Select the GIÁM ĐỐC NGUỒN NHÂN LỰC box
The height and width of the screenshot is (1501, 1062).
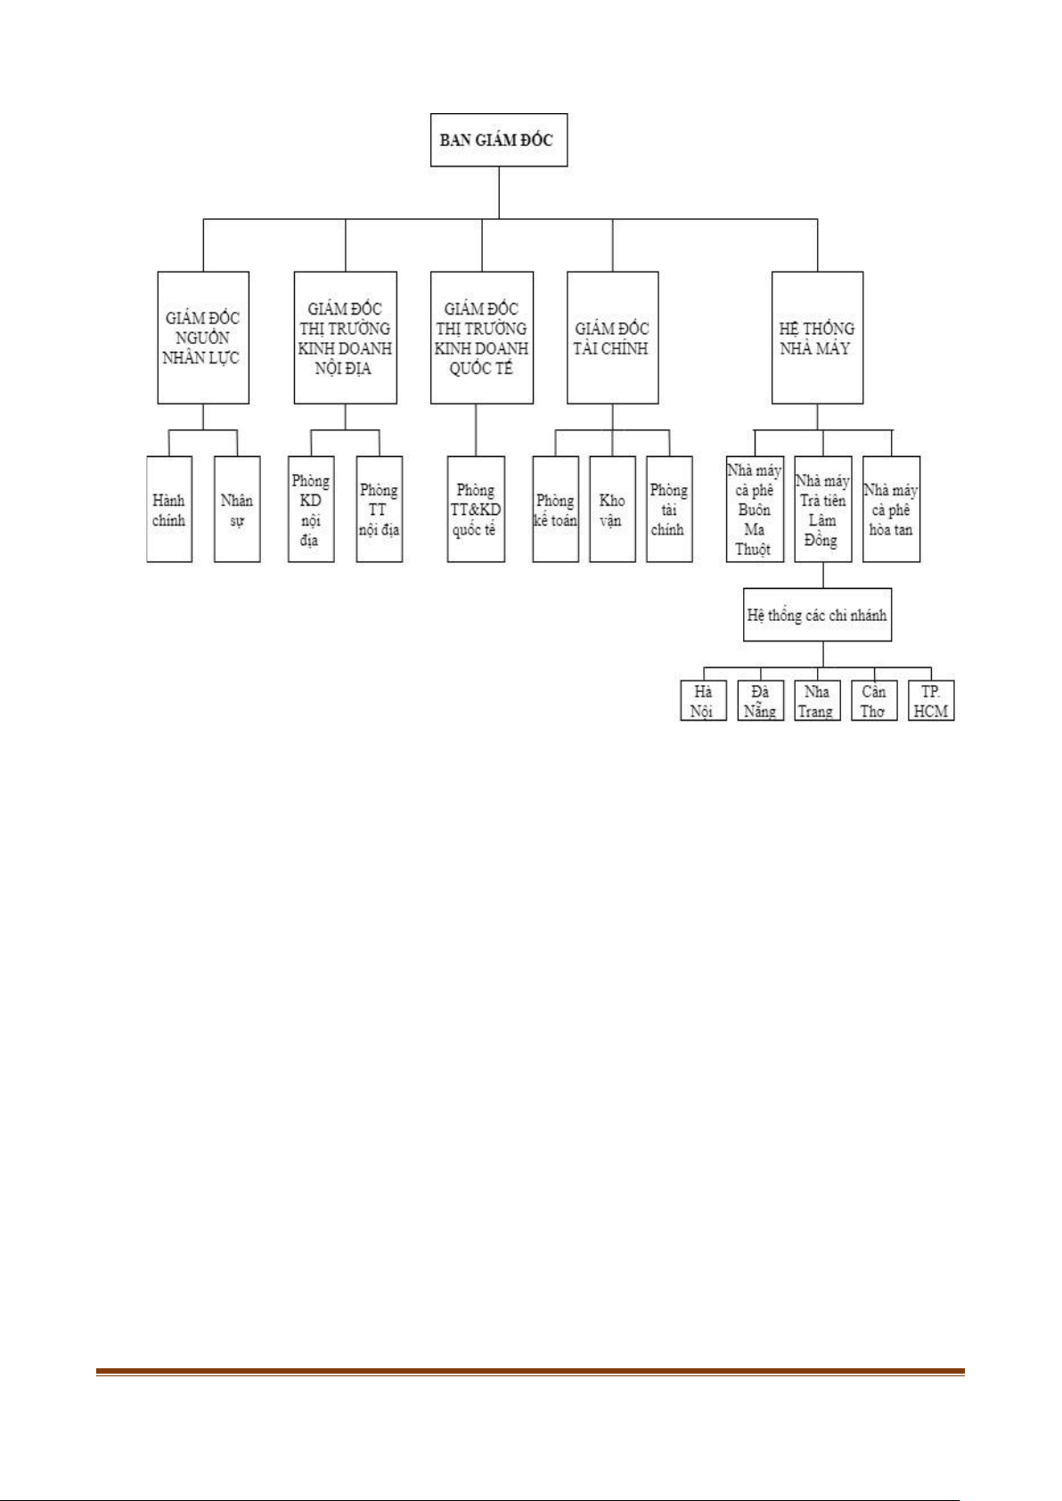pos(203,338)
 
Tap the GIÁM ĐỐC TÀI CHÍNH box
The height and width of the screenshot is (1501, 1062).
pos(612,338)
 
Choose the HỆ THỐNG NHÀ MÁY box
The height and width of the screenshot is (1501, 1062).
pos(817,338)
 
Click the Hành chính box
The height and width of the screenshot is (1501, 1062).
pos(169,510)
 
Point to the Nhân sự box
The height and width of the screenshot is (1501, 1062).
pos(237,510)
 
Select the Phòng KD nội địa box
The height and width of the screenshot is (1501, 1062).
pos(311,510)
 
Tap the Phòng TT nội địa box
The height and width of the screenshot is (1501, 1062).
pos(380,510)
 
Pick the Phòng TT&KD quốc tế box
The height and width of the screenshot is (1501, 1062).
pos(476,510)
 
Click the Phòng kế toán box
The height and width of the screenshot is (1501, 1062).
pos(556,510)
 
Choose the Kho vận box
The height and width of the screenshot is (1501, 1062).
pos(612,510)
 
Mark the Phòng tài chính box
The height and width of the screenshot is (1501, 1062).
pos(669,510)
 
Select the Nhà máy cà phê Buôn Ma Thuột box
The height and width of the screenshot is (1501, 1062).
pos(755,510)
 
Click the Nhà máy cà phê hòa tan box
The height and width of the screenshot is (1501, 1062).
pos(891,510)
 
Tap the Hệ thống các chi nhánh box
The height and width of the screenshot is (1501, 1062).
pos(817,615)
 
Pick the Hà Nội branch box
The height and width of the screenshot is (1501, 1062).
pos(702,700)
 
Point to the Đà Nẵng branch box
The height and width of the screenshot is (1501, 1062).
pos(760,700)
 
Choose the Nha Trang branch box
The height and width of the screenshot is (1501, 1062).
pos(816,700)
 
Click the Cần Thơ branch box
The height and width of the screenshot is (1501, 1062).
pos(873,700)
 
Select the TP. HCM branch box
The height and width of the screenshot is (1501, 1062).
pos(931,700)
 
